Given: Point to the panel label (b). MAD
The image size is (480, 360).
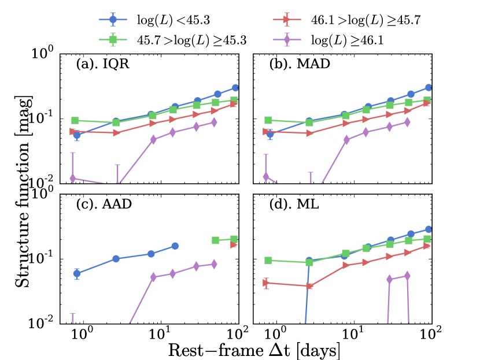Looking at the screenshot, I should coord(299,64).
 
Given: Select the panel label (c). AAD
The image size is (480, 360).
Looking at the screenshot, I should coord(105,205).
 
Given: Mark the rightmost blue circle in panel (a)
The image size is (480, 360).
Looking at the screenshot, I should coord(236,88).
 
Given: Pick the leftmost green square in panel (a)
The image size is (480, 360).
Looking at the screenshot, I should coord(75,120).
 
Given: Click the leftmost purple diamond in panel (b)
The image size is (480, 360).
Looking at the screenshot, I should coord(266,176).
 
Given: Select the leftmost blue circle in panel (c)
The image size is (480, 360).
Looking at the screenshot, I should coord(77,274).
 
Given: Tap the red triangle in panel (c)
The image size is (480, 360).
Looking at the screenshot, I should coord(234,244).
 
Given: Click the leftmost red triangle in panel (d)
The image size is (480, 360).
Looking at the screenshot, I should coord(266,283).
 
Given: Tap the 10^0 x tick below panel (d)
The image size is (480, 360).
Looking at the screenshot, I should coord(277,333).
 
